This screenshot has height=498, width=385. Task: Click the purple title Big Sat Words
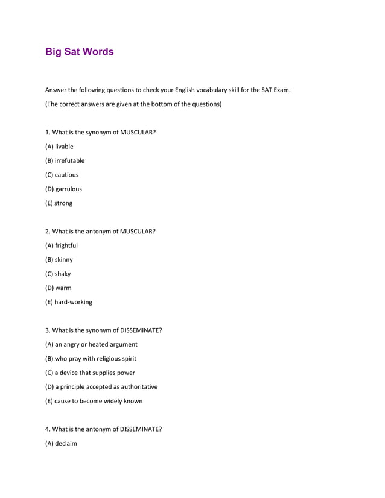click(79, 52)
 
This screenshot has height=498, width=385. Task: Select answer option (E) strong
click(59, 203)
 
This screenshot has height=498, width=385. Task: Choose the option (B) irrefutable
click(65, 160)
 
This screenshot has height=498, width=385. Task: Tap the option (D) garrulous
click(63, 189)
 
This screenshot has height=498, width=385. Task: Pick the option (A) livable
click(59, 147)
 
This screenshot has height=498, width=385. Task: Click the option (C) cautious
click(62, 175)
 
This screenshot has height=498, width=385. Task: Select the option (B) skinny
click(59, 260)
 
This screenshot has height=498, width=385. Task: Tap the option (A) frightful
click(62, 245)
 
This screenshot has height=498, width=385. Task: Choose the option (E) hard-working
click(69, 302)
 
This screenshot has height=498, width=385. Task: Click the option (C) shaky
click(58, 274)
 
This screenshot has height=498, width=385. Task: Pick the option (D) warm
click(59, 288)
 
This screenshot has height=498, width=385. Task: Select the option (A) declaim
click(61, 444)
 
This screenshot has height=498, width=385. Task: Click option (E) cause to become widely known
click(94, 401)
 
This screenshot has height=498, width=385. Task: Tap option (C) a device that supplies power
click(91, 373)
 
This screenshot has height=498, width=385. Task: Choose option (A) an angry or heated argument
click(91, 344)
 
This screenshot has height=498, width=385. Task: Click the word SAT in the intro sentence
click(267, 90)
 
